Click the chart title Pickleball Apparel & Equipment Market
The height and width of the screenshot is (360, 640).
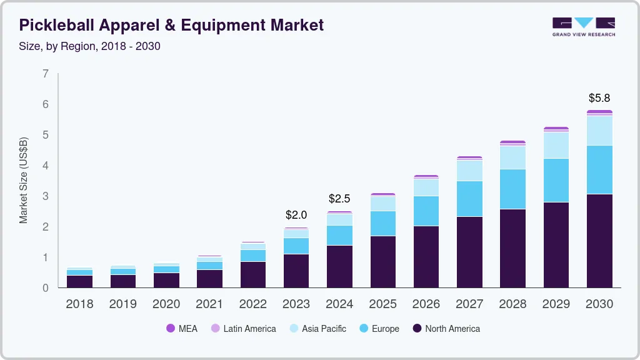coord(171,25)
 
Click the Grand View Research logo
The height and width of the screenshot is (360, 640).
coord(583,26)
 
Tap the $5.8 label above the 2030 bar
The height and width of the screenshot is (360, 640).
coord(599,98)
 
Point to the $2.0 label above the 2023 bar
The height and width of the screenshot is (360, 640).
coord(296,215)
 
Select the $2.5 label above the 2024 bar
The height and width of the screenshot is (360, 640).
coord(339,199)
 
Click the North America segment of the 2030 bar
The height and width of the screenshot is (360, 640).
coord(599,241)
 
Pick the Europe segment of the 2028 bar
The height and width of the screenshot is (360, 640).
coord(512,189)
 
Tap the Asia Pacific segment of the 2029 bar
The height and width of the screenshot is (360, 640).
coord(556,145)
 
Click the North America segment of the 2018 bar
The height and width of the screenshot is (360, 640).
coord(79,281)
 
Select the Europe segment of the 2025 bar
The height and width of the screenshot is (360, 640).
coord(382,223)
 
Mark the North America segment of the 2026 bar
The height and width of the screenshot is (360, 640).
coord(426,256)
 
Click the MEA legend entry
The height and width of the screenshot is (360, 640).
coord(182,329)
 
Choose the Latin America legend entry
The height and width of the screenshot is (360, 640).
coord(243,329)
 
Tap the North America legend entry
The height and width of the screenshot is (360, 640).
coord(446,329)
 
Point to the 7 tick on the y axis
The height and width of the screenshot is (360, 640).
coord(46,74)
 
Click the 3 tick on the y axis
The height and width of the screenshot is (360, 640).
coord(46,196)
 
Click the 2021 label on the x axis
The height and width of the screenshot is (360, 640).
coord(209,304)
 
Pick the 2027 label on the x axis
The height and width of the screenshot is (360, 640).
coord(469,304)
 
